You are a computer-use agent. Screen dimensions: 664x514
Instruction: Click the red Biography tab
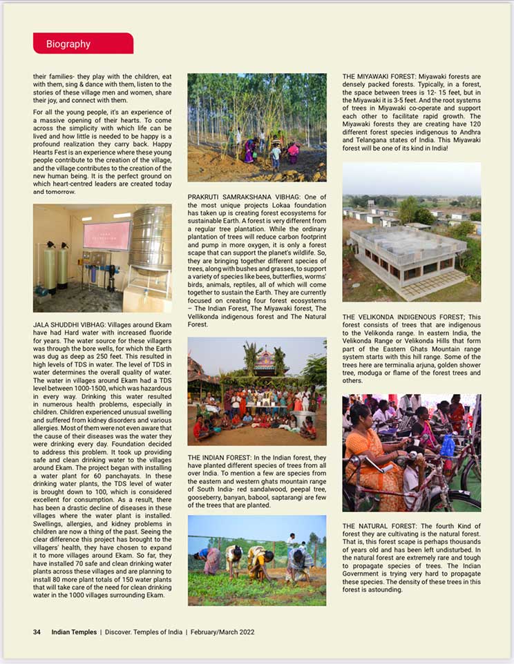pos(82,43)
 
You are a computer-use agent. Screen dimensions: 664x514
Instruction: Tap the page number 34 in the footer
pos(37,632)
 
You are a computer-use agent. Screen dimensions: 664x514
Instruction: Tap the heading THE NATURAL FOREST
pos(377,526)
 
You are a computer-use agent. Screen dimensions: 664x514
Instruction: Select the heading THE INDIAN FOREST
pos(221,458)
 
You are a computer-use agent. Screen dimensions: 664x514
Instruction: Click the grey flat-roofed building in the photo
pos(408,253)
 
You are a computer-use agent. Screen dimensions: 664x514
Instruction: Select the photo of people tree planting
pos(256,128)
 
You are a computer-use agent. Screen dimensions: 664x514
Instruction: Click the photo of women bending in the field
pos(256,560)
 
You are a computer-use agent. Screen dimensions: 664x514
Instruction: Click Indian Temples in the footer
pos(73,632)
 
